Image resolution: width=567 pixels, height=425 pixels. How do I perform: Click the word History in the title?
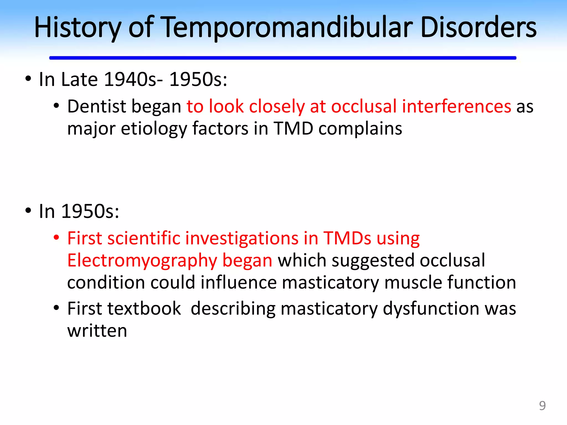coord(78,28)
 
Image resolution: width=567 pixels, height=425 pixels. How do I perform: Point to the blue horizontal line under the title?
coord(282,58)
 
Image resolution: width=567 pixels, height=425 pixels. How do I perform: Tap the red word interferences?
coord(456,106)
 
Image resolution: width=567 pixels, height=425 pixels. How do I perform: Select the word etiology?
coord(154,129)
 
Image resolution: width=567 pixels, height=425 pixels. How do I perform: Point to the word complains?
coord(360,129)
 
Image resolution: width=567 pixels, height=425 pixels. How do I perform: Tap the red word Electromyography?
coord(142,261)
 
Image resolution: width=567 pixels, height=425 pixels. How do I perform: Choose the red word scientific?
coord(144,238)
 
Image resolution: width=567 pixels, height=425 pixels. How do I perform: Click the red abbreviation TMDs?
coord(347,238)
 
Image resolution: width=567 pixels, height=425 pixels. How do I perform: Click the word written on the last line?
coord(97,331)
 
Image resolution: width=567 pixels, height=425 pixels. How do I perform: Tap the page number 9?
coord(542,406)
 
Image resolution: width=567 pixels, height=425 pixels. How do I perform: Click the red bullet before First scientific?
coord(56,237)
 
